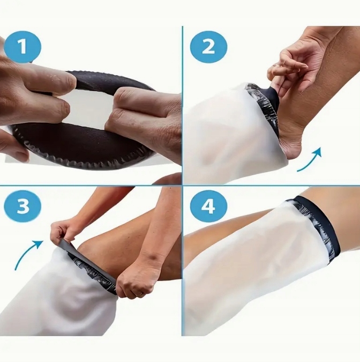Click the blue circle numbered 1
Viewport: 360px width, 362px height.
point(22,47)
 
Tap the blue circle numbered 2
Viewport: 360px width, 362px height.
point(208,47)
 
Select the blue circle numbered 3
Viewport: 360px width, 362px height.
point(22,206)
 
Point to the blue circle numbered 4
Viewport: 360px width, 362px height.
point(208,206)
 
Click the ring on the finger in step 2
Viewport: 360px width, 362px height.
point(275,67)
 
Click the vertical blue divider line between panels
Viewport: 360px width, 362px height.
point(183,180)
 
